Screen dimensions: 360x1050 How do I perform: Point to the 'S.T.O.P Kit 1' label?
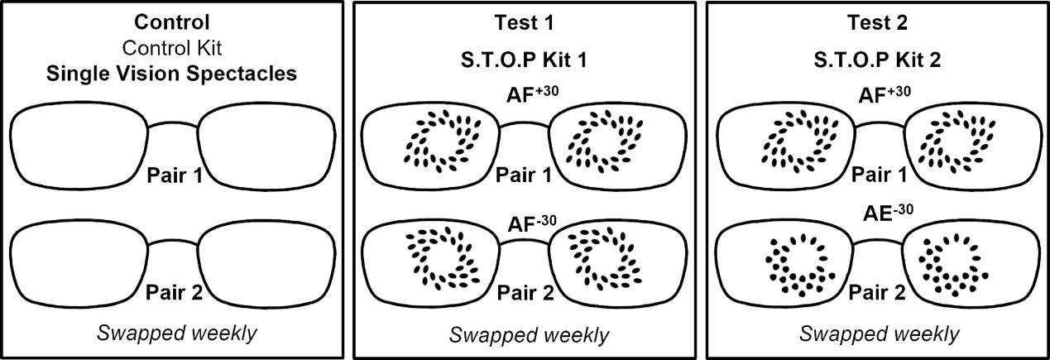(x=529, y=60)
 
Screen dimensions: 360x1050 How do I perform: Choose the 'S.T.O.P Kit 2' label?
(x=880, y=60)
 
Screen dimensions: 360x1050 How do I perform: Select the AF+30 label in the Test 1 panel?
(x=529, y=94)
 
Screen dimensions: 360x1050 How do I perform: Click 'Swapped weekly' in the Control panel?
(x=176, y=333)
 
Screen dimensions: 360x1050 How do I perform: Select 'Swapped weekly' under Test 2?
(x=880, y=333)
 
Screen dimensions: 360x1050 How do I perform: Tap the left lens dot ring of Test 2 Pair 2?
(x=793, y=266)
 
